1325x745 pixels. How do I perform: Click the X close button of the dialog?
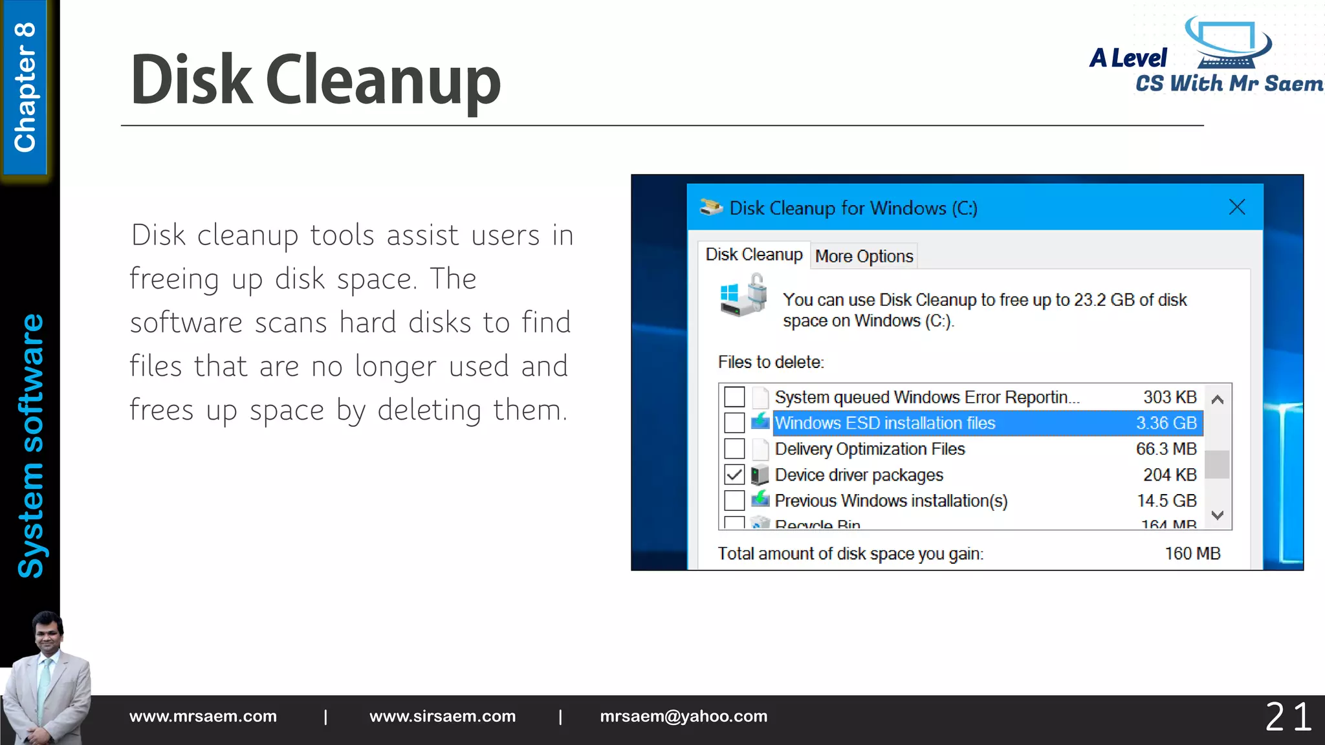point(1236,208)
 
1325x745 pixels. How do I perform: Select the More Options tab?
point(864,256)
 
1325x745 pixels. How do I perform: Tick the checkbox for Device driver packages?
point(734,475)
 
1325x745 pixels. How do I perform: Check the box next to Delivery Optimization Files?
point(734,449)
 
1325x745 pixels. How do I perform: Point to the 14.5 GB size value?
point(1166,501)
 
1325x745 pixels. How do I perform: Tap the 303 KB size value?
point(1170,397)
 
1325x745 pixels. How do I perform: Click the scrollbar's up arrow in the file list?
point(1217,400)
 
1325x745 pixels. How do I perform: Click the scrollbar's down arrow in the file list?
point(1217,515)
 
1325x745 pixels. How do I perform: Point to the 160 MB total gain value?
point(1192,554)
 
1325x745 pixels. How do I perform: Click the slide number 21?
point(1288,717)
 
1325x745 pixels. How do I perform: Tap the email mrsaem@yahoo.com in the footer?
point(683,717)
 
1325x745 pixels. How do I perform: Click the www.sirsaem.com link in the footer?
point(443,717)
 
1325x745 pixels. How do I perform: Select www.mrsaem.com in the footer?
point(203,717)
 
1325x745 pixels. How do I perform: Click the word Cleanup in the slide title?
point(383,80)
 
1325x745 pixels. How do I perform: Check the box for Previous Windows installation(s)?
point(734,501)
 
